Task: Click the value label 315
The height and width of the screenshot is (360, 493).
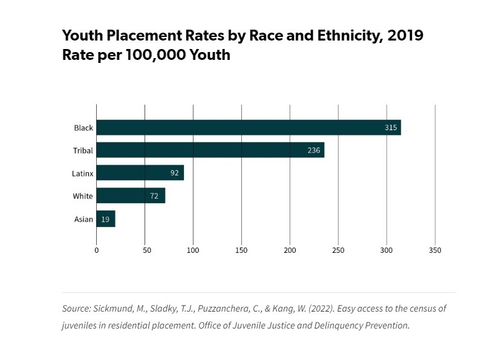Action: [391, 128]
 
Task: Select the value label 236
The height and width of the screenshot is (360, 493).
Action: [313, 150]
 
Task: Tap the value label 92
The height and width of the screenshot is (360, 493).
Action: [175, 173]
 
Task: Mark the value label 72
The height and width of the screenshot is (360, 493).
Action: [155, 196]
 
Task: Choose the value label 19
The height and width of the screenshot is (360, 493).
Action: [105, 219]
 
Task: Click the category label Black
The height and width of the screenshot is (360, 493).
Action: [83, 128]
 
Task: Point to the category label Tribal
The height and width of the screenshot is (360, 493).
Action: [83, 151]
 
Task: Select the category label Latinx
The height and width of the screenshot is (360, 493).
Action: [83, 174]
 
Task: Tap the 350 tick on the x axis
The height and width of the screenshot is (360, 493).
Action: [435, 250]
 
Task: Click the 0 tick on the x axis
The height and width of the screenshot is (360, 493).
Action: [96, 250]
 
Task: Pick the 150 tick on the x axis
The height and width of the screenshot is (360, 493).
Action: [241, 250]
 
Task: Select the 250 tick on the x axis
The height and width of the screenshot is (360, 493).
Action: [338, 250]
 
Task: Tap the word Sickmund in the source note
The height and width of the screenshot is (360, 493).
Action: [112, 309]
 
